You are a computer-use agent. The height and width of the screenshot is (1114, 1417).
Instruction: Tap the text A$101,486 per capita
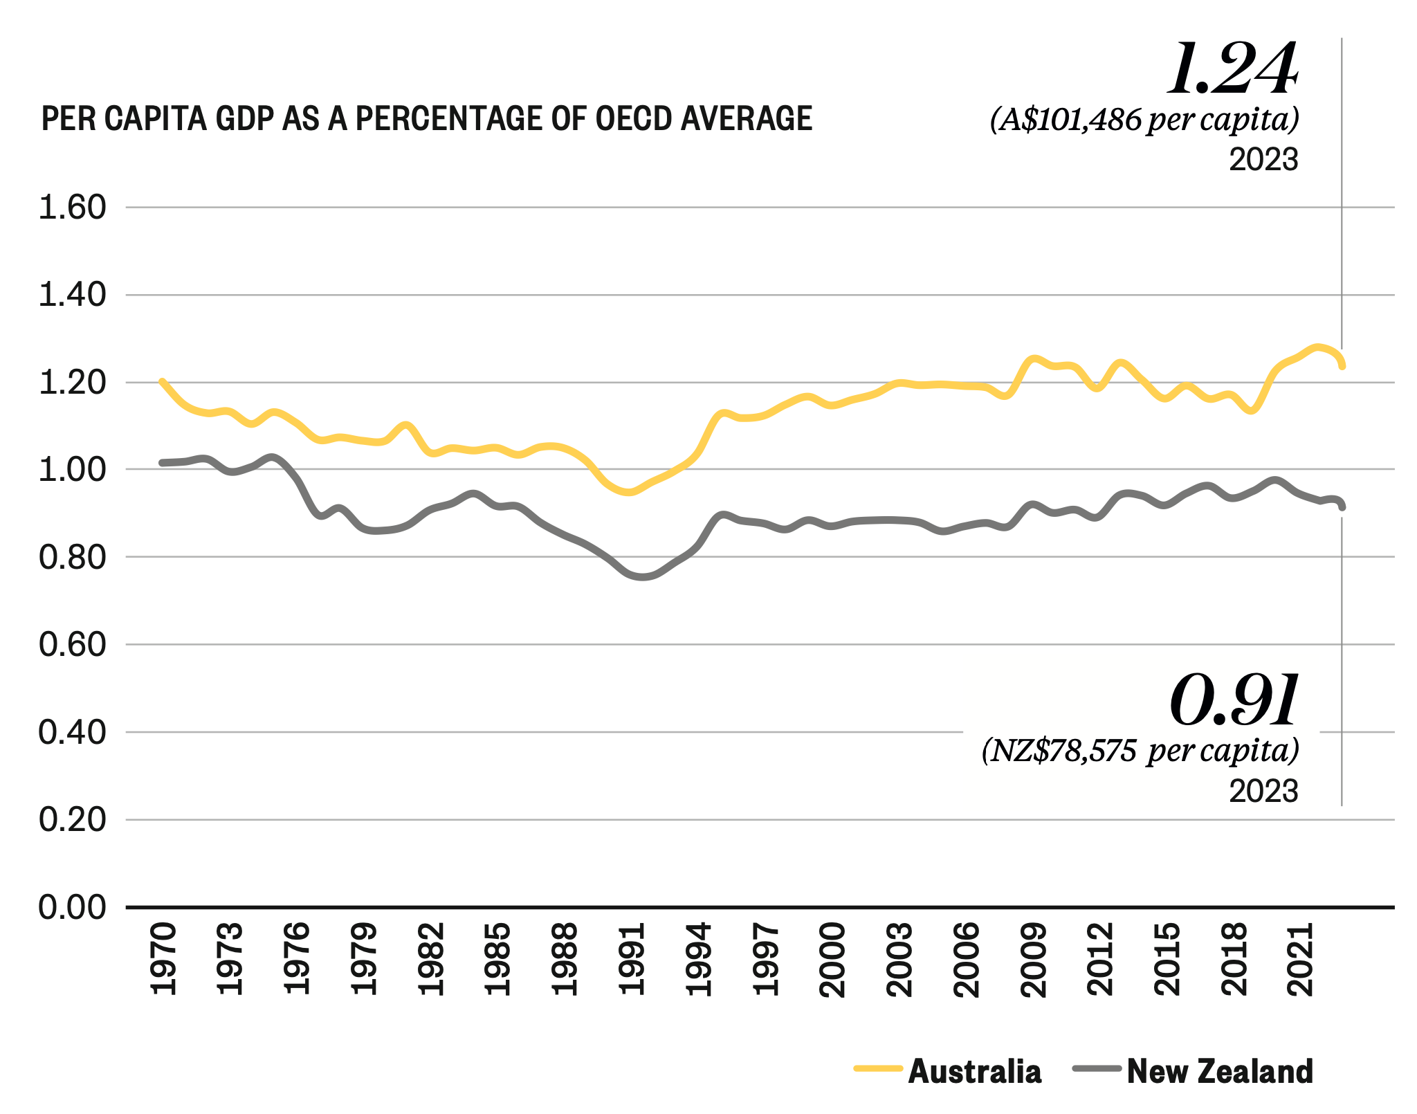(1144, 120)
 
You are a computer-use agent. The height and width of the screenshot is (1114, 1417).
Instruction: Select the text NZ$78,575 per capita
(1140, 750)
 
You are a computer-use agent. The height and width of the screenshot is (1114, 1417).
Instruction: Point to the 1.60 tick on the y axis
(73, 207)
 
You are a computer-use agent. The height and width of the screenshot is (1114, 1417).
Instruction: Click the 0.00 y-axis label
(73, 906)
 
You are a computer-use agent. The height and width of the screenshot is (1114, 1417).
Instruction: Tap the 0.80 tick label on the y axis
(73, 557)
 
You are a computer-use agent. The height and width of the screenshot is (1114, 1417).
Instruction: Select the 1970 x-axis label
(163, 958)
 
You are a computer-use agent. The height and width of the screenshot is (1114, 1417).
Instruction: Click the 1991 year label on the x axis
(632, 958)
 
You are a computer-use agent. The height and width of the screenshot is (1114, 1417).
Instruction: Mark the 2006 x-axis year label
(967, 958)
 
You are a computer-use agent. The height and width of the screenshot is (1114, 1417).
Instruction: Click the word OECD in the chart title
(634, 118)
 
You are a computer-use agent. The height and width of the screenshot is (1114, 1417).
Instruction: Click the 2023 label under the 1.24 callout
(1263, 160)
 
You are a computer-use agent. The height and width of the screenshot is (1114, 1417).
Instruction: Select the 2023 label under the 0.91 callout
(1263, 791)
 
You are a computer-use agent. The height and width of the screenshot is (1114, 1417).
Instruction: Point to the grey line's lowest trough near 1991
(642, 576)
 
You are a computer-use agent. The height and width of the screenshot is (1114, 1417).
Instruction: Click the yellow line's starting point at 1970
(162, 381)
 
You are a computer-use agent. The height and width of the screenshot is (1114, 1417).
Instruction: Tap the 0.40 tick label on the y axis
(73, 732)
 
